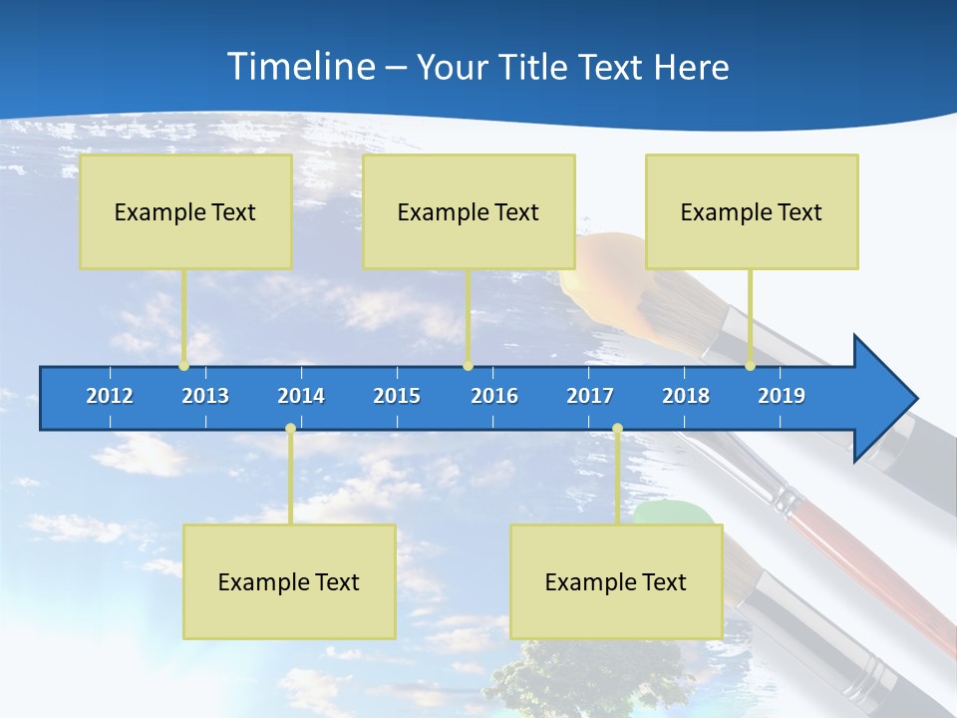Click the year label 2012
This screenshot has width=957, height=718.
pyautogui.click(x=110, y=396)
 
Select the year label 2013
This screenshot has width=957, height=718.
pyautogui.click(x=205, y=396)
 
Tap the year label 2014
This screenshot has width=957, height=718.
pyautogui.click(x=301, y=396)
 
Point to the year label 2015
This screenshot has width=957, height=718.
pyautogui.click(x=397, y=396)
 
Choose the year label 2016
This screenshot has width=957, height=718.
pyautogui.click(x=494, y=396)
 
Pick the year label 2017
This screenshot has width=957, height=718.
pyautogui.click(x=590, y=396)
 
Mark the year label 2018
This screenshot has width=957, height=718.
pyautogui.click(x=686, y=396)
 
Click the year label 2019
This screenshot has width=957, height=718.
pyautogui.click(x=782, y=396)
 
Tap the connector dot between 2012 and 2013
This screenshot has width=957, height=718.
pyautogui.click(x=183, y=366)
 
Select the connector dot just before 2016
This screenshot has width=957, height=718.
pyautogui.click(x=468, y=366)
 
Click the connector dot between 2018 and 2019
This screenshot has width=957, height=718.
pyautogui.click(x=750, y=366)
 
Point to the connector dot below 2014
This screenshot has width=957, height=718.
pyautogui.click(x=290, y=429)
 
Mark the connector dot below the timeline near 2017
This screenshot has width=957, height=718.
pyautogui.click(x=617, y=429)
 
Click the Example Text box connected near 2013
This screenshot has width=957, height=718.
pyautogui.click(x=185, y=211)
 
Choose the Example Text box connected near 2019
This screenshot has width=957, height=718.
pyautogui.click(x=752, y=211)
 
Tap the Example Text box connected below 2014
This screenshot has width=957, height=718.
pyautogui.click(x=289, y=581)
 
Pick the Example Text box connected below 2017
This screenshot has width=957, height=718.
pyautogui.click(x=616, y=581)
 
